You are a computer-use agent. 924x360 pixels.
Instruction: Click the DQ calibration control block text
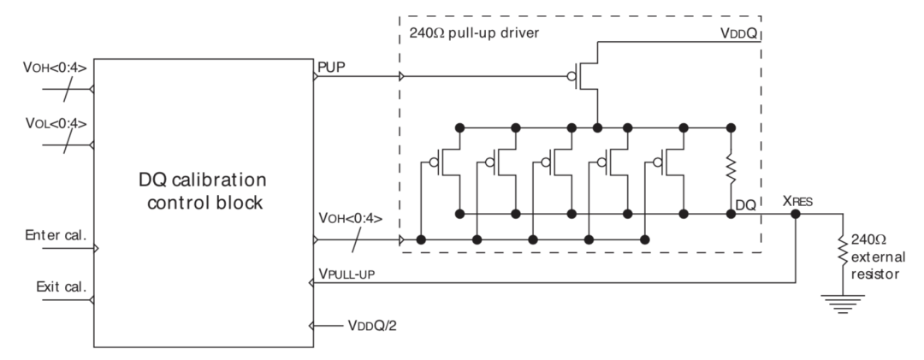[203, 191]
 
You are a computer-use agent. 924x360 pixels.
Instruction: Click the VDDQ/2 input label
[372, 325]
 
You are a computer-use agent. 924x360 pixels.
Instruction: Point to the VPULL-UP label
[346, 274]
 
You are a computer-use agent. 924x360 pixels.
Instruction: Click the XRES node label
[797, 201]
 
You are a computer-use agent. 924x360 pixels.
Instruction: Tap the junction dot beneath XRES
[796, 214]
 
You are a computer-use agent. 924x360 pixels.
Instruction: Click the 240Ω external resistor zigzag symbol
[843, 251]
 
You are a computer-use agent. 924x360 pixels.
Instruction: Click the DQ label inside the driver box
[745, 204]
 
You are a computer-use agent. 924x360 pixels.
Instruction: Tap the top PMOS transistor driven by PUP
[583, 77]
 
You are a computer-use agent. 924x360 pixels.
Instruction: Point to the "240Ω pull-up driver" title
[474, 33]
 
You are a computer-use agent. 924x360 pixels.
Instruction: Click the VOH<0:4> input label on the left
[55, 68]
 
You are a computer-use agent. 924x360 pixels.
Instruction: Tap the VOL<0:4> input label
[56, 124]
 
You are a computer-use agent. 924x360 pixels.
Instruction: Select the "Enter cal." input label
[56, 235]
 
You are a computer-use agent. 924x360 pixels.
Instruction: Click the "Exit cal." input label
[62, 287]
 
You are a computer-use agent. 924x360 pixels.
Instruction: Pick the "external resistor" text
[878, 265]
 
